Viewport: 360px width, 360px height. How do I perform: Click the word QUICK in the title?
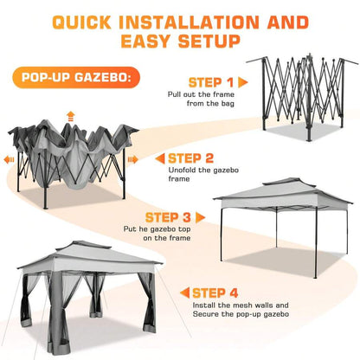82,22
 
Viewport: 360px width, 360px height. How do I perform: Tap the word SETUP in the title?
209,41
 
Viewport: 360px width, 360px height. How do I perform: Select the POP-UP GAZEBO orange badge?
76,77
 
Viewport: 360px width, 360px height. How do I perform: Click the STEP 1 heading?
211,82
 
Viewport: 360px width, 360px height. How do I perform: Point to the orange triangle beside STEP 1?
243,82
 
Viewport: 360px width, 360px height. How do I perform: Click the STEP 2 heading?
190,158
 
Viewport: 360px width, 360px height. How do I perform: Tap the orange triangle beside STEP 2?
160,158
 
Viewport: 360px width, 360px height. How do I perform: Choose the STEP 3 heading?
168,217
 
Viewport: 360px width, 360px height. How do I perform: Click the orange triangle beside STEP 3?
200,217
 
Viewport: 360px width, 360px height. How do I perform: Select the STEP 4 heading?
215,293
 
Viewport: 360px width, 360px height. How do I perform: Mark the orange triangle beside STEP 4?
184,293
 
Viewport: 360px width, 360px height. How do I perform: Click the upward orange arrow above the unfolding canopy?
70,116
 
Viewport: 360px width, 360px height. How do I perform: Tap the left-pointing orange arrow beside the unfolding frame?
9,160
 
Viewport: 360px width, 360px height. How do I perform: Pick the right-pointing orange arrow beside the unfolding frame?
133,159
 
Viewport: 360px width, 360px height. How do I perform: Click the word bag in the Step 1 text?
228,104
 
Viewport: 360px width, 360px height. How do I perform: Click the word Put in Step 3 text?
130,229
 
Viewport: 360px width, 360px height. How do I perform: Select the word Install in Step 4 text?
204,305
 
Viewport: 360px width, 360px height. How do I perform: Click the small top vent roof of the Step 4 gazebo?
84,245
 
